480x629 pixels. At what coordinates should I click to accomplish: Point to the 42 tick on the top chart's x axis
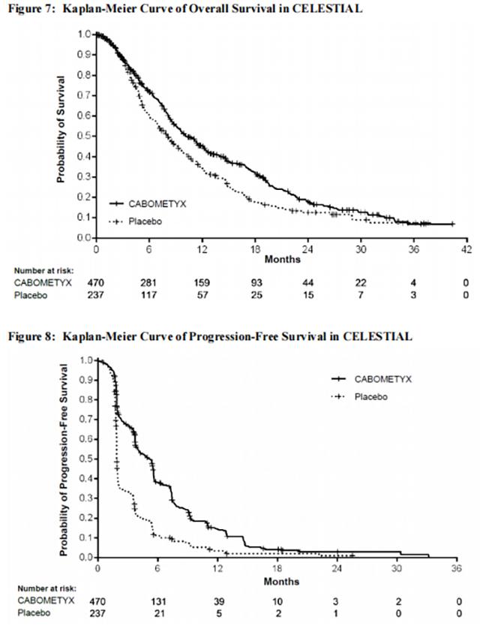465,248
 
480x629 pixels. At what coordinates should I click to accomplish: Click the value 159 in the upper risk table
202,283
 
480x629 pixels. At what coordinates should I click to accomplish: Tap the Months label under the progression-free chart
282,581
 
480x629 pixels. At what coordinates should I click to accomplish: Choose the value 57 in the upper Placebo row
202,295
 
